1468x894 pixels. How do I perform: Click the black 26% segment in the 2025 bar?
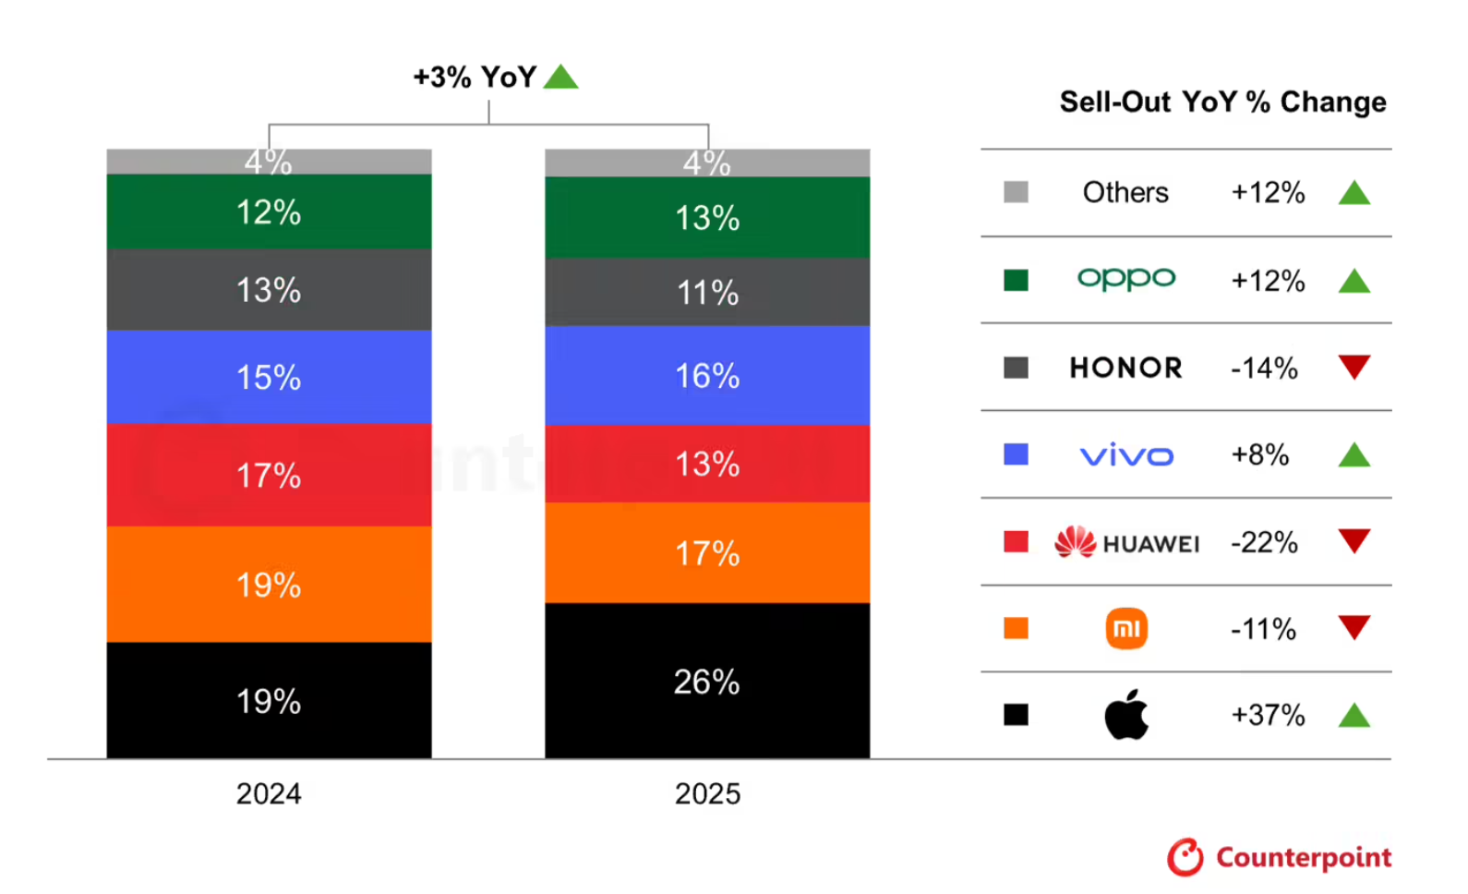coord(706,681)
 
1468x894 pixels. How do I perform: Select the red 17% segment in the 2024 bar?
coord(269,475)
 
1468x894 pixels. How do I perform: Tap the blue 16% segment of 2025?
coord(706,375)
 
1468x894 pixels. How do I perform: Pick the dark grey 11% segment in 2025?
coord(706,292)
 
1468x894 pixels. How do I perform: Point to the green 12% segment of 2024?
coord(269,211)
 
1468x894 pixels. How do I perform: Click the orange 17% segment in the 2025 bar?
coord(706,552)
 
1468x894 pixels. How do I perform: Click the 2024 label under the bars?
coord(269,793)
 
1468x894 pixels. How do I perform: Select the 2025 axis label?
coord(707,793)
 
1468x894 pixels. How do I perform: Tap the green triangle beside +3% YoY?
coord(560,77)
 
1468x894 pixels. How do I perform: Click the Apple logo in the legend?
coord(1126,715)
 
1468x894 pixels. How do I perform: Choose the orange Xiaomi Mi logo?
coord(1126,629)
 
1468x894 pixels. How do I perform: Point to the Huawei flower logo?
coord(1075,542)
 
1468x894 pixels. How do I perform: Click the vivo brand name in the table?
coord(1126,455)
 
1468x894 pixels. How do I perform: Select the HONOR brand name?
coord(1125,368)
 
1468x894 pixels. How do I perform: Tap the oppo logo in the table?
coord(1126,279)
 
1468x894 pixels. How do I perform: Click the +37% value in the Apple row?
coord(1268,715)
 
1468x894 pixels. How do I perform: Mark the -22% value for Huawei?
coord(1264,542)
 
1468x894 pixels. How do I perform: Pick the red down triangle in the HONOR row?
coord(1354,367)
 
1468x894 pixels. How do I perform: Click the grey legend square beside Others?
coord(1016,192)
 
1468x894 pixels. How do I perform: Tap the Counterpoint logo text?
coord(1303,858)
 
